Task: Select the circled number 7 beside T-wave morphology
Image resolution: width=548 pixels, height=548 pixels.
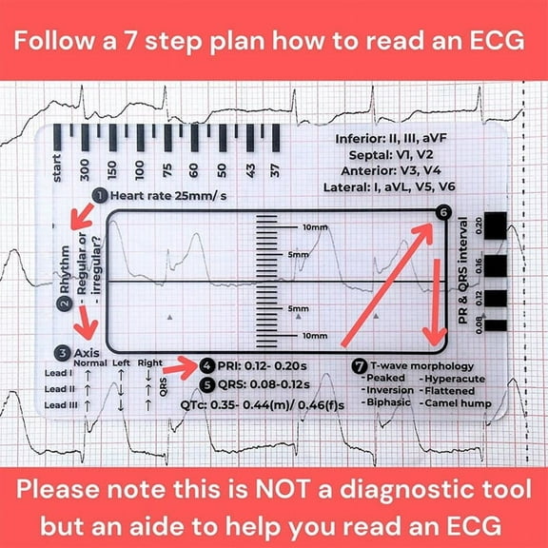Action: pyautogui.click(x=358, y=365)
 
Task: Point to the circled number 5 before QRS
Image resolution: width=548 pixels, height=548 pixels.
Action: pyautogui.click(x=208, y=385)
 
